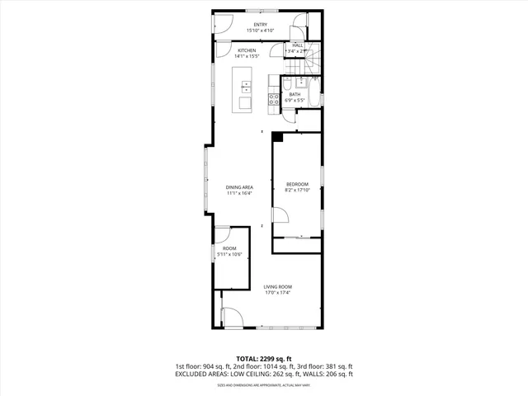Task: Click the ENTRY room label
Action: pos(260,25)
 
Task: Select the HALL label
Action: pos(297,45)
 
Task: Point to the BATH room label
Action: pos(295,94)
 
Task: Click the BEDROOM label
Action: pos(297,183)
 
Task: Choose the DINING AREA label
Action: pos(239,187)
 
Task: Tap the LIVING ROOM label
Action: pos(278,287)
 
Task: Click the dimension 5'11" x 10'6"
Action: pos(229,254)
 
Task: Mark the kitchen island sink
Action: pos(245,87)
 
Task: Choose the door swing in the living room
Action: pos(231,317)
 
